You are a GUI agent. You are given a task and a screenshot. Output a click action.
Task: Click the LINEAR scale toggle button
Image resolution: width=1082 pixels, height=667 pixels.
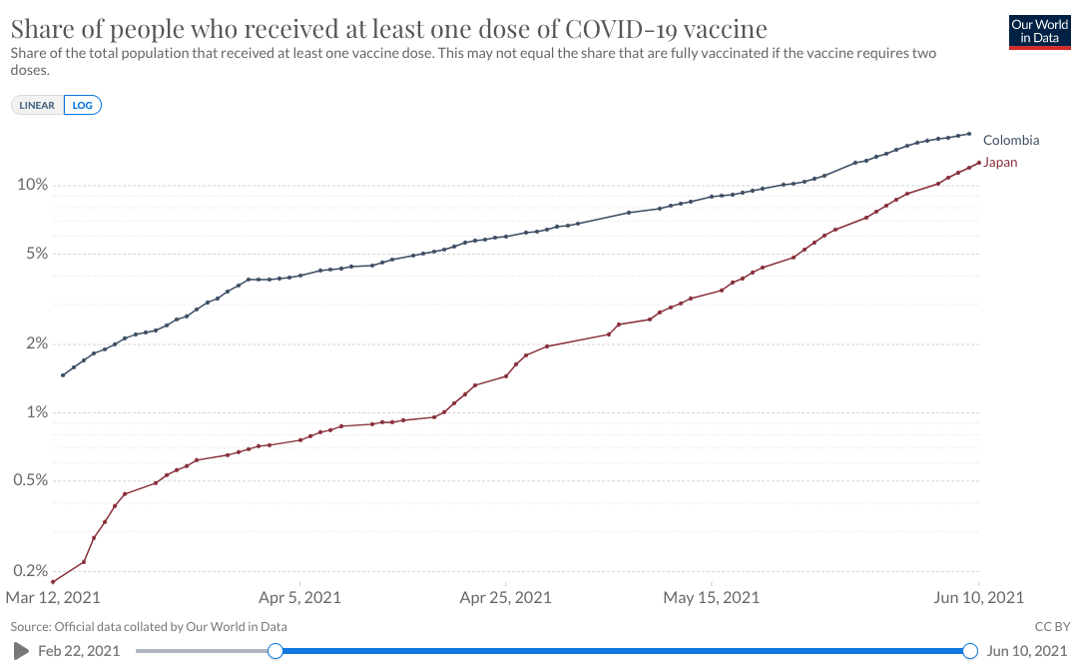pos(37,105)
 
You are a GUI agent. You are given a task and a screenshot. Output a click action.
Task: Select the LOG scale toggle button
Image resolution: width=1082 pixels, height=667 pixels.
pos(83,105)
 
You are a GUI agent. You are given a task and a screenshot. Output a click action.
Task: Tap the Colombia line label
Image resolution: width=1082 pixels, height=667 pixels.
pos(1010,141)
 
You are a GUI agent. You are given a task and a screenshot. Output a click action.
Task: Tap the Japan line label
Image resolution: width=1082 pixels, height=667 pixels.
pos(1000,162)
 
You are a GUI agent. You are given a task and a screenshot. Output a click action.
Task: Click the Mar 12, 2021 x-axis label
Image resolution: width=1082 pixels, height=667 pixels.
pos(53,598)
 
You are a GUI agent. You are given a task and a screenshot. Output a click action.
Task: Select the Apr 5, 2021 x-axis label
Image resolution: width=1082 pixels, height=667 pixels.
pos(300,598)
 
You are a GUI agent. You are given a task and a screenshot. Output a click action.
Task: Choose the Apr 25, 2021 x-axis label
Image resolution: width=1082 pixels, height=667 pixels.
pos(506,598)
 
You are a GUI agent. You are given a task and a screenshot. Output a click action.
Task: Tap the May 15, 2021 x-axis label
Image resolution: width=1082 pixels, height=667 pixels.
pos(712,598)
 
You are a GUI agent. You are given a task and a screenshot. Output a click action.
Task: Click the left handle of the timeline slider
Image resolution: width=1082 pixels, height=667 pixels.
pos(275,651)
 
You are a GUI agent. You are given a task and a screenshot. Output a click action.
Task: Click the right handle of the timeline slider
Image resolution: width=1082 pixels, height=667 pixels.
pos(969,651)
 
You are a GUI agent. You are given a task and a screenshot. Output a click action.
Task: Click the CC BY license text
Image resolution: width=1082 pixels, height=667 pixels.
pos(1051,627)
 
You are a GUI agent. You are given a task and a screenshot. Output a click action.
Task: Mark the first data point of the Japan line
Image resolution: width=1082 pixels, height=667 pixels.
pos(53,582)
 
